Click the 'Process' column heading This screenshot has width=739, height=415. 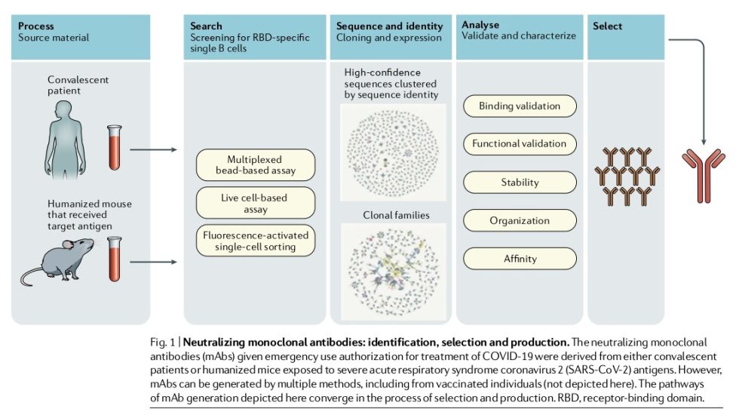[x=36, y=26]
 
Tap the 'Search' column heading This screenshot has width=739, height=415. [x=207, y=26]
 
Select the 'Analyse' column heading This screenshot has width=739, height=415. [x=481, y=25]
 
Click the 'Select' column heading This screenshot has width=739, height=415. [x=608, y=26]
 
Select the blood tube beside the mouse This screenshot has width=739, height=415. [x=115, y=258]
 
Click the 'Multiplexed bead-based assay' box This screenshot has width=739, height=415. [x=256, y=164]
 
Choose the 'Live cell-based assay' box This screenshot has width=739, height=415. [x=256, y=203]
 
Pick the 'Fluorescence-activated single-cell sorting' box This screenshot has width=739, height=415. [x=256, y=241]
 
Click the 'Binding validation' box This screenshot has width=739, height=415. [x=520, y=106]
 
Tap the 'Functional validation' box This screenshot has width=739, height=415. [x=520, y=143]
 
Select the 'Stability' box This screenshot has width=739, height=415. [x=520, y=182]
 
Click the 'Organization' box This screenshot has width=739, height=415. [x=520, y=220]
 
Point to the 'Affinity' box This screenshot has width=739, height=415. [x=520, y=259]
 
